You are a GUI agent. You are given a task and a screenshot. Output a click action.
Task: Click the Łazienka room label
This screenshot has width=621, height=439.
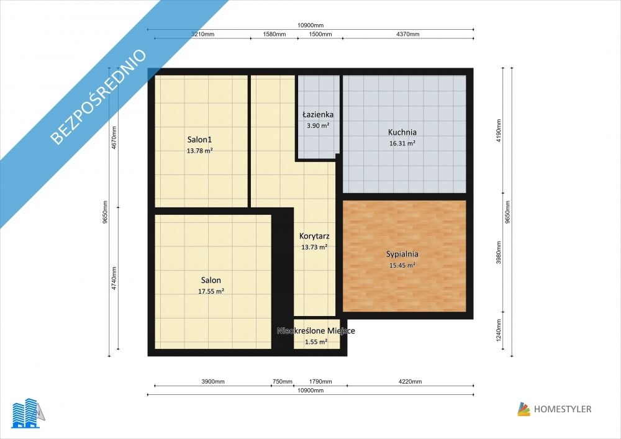click(318, 115)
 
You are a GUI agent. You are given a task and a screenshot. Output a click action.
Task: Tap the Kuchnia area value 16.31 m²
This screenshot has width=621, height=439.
click(402, 143)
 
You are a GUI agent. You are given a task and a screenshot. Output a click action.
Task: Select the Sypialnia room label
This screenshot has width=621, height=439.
click(402, 254)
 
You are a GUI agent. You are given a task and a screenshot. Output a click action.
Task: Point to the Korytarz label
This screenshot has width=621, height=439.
click(314, 237)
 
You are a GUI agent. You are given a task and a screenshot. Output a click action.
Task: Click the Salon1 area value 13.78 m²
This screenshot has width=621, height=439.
click(199, 150)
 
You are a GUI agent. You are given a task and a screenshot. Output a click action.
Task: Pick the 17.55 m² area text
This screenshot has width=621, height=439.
click(211, 291)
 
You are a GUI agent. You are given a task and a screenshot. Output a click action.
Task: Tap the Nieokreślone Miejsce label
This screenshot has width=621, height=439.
click(316, 330)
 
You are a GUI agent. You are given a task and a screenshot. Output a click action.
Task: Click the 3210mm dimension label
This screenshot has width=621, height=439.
click(203, 34)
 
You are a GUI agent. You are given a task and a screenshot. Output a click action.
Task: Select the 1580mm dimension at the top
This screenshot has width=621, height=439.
click(274, 34)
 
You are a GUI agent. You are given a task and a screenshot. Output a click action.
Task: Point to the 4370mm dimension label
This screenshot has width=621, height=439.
click(408, 34)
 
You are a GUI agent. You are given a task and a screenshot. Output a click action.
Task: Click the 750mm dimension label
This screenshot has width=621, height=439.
click(283, 382)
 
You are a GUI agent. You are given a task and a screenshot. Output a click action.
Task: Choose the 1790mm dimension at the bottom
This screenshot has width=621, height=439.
click(320, 382)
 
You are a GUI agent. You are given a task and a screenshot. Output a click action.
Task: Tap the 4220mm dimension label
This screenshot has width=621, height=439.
click(410, 382)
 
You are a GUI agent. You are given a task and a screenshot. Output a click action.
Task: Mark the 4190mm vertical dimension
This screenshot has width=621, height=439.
click(499, 130)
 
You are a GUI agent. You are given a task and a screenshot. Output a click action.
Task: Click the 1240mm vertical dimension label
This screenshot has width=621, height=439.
click(499, 330)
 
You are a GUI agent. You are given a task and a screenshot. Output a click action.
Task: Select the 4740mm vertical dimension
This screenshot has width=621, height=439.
click(114, 278)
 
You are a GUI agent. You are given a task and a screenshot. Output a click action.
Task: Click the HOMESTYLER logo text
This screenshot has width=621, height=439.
click(563, 409)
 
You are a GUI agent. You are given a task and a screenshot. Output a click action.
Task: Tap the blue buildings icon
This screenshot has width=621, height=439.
click(25, 414)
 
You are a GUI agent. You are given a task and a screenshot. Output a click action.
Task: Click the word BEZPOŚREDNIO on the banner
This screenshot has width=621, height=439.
click(99, 97)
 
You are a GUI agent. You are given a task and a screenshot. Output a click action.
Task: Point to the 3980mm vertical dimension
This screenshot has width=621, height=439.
click(499, 253)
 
